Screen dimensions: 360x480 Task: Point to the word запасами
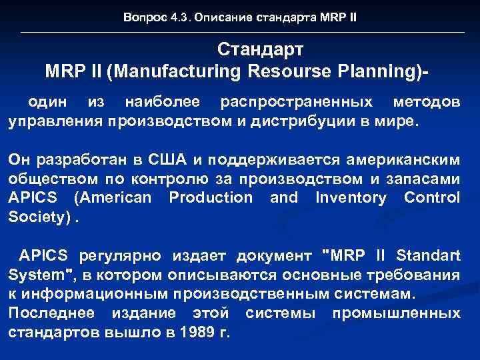pos(425,179)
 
